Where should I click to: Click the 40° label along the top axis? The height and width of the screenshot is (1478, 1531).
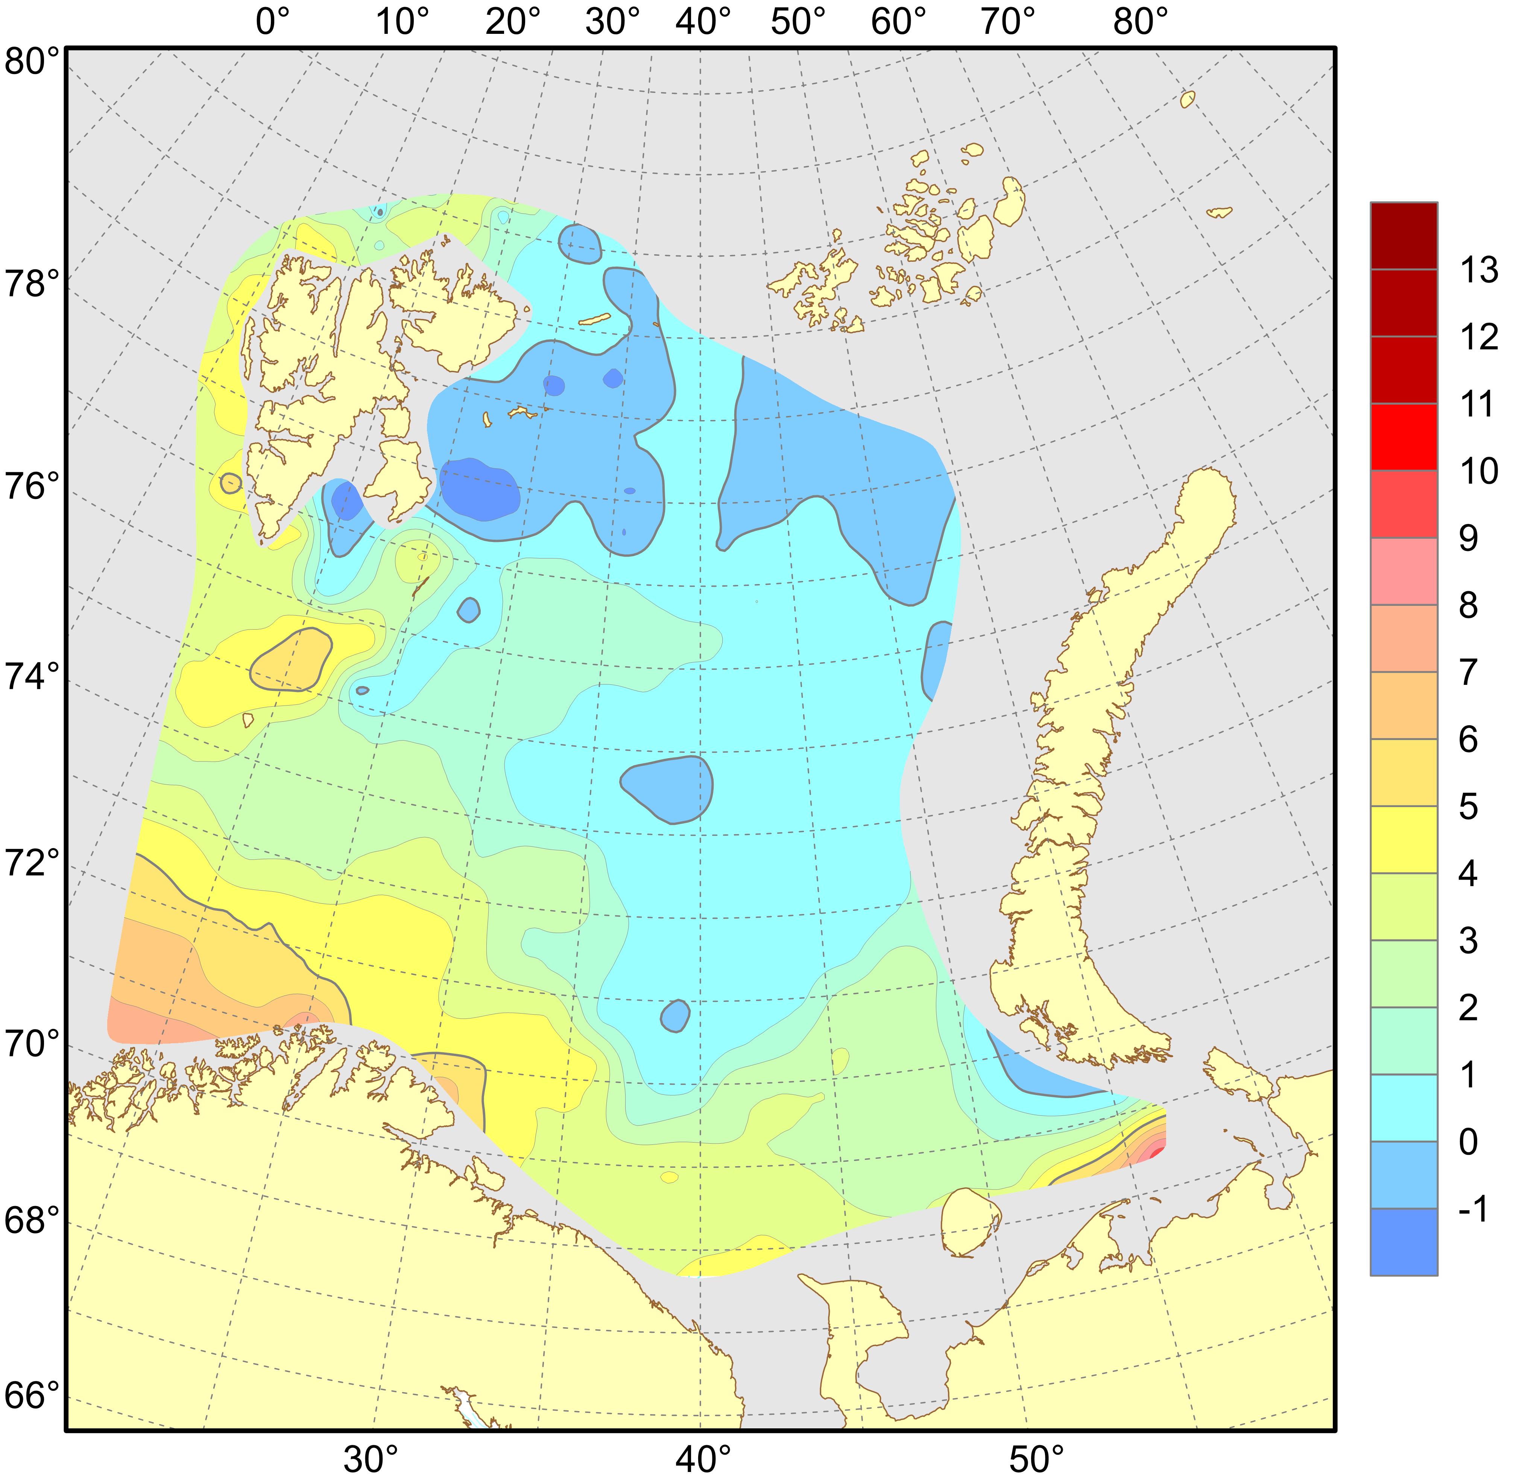703,22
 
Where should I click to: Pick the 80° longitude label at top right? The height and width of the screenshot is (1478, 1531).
1141,22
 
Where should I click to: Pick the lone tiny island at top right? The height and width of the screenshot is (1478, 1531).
1187,99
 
